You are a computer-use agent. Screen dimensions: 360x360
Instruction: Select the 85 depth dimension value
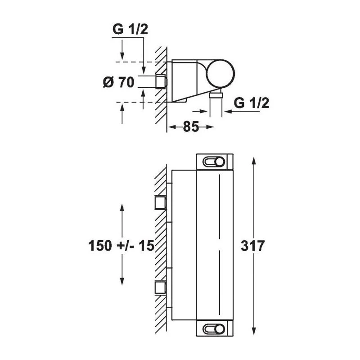191,127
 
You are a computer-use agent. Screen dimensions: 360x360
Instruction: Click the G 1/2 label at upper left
130,30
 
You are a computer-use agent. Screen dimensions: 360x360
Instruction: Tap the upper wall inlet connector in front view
160,203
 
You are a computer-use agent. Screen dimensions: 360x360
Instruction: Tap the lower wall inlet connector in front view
160,287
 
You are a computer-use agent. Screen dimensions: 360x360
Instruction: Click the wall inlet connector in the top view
160,82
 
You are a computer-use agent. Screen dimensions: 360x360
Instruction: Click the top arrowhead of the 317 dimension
254,160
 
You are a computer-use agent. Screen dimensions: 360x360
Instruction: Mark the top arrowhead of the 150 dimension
122,207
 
